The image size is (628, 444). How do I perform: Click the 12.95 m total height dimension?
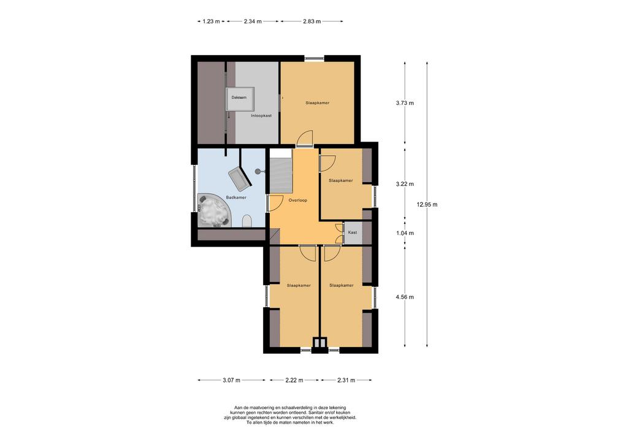coord(427,205)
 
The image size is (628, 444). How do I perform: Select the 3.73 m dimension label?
coord(405,103)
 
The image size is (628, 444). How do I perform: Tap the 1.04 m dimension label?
coord(405,233)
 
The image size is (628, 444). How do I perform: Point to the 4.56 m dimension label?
coord(405,297)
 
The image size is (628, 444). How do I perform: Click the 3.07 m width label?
coord(231,380)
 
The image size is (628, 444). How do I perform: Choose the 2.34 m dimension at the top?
coord(252,21)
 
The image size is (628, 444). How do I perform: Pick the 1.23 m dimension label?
coord(211,21)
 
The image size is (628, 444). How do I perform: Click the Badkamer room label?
coord(236,197)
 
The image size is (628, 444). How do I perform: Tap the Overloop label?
coord(298,200)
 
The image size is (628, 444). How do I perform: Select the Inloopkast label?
coord(261,116)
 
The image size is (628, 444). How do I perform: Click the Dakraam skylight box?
coord(240,99)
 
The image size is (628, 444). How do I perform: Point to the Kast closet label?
coord(353,232)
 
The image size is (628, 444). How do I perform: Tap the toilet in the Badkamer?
coord(247,221)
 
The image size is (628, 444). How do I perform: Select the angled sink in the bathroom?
coord(240,179)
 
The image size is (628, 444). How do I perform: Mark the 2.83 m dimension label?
coord(312,21)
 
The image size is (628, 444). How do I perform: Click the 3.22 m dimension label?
coord(405,184)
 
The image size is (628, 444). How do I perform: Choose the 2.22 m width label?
coord(294,380)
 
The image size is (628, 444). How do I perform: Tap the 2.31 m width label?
coord(346,380)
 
